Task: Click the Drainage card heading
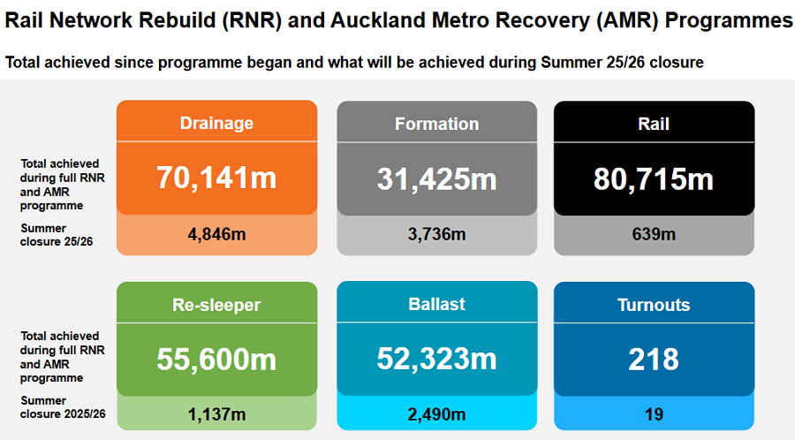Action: (x=216, y=124)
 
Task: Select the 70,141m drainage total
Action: (x=216, y=178)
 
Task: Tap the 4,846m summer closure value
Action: (x=216, y=234)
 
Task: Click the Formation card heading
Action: (x=437, y=124)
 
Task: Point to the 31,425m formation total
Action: (x=437, y=178)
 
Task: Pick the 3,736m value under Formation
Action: (x=437, y=234)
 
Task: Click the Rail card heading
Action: (x=654, y=124)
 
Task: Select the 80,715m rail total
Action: (x=654, y=178)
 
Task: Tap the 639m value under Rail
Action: (x=654, y=234)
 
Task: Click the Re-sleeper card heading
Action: (x=216, y=306)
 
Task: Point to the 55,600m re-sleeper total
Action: (x=216, y=360)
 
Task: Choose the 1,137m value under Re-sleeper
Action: (x=216, y=413)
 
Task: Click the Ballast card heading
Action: (x=437, y=304)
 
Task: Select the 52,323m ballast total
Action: (x=437, y=359)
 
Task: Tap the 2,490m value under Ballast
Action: (x=437, y=413)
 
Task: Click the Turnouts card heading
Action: (x=654, y=306)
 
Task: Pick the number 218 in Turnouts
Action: (x=654, y=360)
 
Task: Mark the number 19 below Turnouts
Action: (x=654, y=413)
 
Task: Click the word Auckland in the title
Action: (x=381, y=20)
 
